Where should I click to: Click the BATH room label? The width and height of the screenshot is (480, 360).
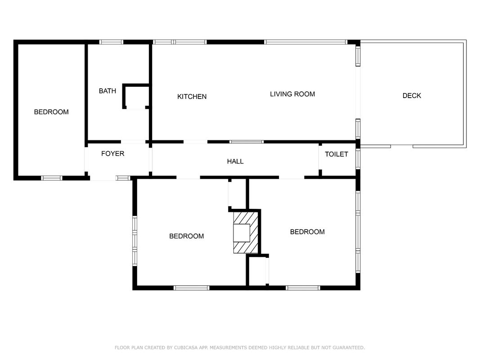(x=108, y=91)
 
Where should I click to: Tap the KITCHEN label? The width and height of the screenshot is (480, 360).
(x=192, y=97)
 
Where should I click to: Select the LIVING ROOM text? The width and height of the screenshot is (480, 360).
(x=292, y=94)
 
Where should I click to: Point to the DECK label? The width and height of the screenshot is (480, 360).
(x=412, y=96)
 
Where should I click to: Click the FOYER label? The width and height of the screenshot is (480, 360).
(x=112, y=153)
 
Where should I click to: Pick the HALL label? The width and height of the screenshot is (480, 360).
(x=235, y=162)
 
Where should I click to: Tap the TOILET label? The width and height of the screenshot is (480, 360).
(x=336, y=154)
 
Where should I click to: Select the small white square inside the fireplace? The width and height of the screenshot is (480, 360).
(x=242, y=233)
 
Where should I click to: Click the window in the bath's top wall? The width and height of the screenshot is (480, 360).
(x=111, y=42)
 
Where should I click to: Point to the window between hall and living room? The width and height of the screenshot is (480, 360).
(x=247, y=142)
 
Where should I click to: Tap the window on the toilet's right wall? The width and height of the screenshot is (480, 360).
(x=358, y=158)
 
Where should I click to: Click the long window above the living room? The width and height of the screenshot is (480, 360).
(x=306, y=42)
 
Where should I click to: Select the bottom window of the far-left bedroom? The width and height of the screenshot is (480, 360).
(x=52, y=178)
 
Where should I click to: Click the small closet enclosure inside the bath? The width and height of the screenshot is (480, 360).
(x=136, y=96)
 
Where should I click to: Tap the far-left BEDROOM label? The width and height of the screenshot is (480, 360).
(x=51, y=112)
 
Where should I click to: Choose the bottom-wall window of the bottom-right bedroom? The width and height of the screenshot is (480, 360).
(x=303, y=288)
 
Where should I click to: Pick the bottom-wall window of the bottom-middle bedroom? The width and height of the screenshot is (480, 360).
(x=191, y=288)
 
